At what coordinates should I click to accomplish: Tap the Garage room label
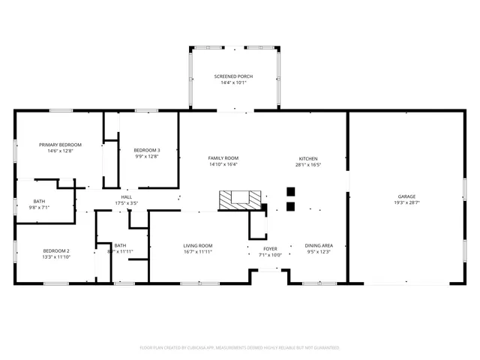406,196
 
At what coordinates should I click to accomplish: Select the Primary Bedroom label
60,144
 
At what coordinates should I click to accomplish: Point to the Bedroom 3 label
147,150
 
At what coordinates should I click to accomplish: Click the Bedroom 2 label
55,250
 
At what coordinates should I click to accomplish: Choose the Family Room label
223,158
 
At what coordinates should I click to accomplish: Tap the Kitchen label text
308,159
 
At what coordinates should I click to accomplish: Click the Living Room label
198,245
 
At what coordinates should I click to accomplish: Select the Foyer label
270,248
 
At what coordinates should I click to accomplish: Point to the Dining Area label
319,245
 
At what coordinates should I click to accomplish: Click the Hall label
127,197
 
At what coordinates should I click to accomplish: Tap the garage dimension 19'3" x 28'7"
406,203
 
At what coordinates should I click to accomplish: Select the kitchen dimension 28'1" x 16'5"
308,165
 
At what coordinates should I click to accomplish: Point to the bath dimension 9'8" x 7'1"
39,208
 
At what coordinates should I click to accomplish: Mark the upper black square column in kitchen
291,191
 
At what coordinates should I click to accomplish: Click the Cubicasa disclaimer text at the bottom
240,348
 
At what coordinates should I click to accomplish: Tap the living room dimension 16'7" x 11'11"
198,252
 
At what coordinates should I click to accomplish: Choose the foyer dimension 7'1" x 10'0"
270,255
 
